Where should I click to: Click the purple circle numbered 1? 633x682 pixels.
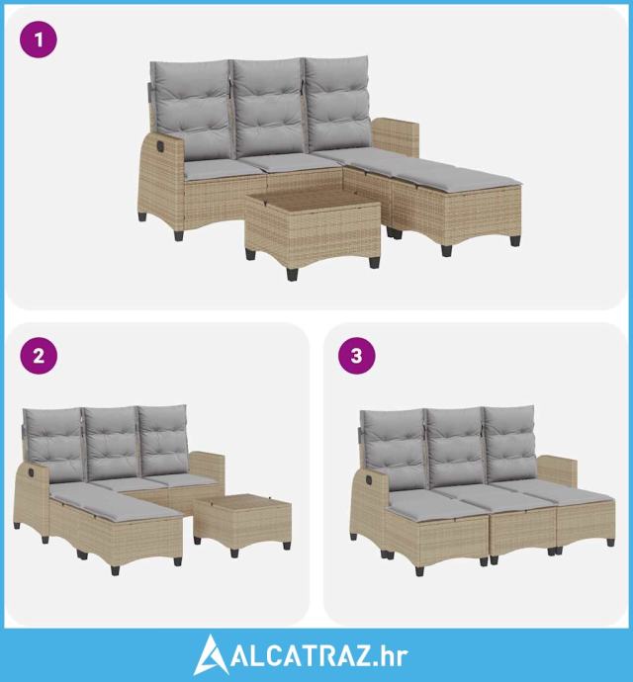[39, 40]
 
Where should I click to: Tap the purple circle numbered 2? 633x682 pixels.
[39, 355]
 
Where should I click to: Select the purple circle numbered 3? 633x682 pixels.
[356, 355]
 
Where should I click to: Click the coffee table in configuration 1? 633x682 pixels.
[313, 229]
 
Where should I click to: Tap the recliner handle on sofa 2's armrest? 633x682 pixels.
[31, 471]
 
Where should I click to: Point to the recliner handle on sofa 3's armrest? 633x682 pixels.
[369, 479]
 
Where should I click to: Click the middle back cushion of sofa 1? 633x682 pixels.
[268, 108]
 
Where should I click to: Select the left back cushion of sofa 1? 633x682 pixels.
[192, 110]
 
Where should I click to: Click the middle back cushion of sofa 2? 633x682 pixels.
[112, 443]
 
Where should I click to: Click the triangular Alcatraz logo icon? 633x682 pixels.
[210, 655]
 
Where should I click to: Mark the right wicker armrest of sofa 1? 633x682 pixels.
[397, 137]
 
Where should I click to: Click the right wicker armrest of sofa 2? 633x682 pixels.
[208, 467]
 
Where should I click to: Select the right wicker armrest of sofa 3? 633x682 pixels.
[559, 471]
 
